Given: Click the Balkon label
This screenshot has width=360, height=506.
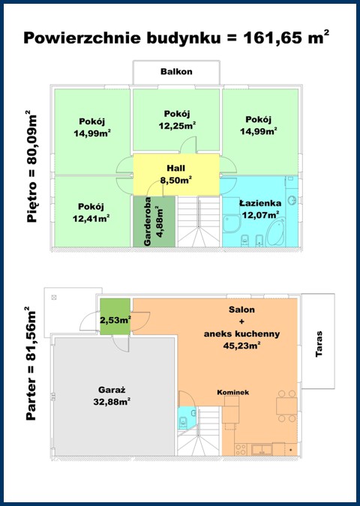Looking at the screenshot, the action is (176, 71).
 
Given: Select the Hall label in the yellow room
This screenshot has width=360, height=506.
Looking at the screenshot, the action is (176, 168).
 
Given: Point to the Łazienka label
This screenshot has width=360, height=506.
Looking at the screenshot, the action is (260, 203).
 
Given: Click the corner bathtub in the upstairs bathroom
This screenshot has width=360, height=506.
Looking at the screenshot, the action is (275, 232).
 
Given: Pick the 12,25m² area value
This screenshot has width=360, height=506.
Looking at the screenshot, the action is (177, 125).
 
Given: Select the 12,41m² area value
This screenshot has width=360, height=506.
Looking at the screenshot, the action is (91, 218).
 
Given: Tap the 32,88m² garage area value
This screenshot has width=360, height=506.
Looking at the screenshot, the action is (112, 402).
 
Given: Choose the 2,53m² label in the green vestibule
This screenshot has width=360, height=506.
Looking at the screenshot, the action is (115, 320).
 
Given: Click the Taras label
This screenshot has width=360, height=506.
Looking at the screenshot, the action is (319, 343).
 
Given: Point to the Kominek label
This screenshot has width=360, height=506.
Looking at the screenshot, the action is (232, 392).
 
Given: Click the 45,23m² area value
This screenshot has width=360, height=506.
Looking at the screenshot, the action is (241, 346).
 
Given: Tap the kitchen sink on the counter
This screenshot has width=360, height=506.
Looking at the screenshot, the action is (262, 449).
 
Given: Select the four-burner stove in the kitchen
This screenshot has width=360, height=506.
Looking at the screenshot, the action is (241, 449).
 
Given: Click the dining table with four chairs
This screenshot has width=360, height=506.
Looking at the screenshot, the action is (286, 406).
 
